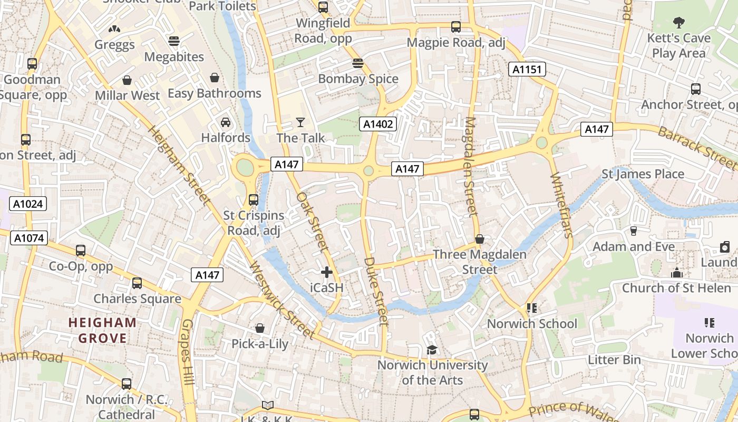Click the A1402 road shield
(x=378, y=124)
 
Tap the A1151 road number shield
(x=527, y=69)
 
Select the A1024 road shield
(x=28, y=204)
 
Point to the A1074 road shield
(x=28, y=238)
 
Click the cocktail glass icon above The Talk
(x=300, y=122)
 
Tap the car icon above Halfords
(x=226, y=122)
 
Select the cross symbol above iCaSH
(x=327, y=272)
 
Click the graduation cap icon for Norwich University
(x=432, y=350)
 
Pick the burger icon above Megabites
(x=174, y=41)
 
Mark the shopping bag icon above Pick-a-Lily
(x=260, y=328)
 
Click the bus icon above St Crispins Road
(x=254, y=200)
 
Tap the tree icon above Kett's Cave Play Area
(x=679, y=23)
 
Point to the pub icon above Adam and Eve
(x=634, y=231)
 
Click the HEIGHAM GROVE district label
(x=102, y=330)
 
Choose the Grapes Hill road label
(x=188, y=352)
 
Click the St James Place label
(x=643, y=174)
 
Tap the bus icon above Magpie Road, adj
(x=456, y=27)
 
